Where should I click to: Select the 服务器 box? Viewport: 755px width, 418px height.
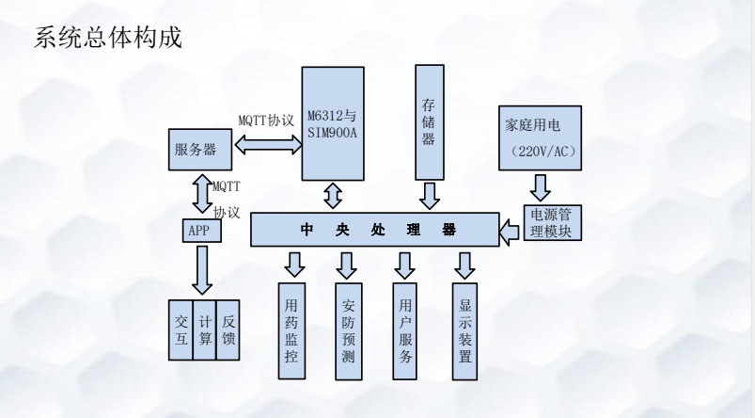[x=197, y=149]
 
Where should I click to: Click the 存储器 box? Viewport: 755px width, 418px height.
[x=431, y=122]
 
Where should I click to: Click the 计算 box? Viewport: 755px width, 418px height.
[x=203, y=330]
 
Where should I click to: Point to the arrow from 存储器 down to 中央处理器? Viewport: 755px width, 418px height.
[x=431, y=196]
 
